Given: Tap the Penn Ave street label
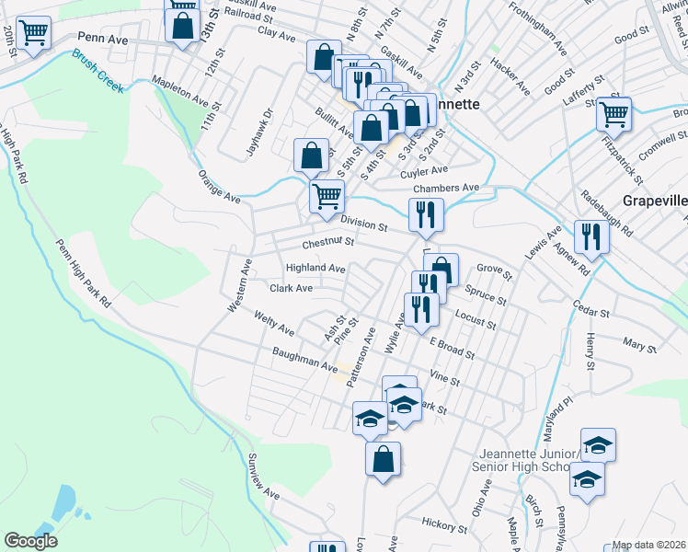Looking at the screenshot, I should click(100, 38).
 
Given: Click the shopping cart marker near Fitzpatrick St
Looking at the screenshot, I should click(613, 116).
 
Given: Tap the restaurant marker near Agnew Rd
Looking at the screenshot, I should click(591, 237).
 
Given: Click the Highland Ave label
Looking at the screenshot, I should click(315, 268).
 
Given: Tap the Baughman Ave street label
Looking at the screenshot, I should click(304, 359).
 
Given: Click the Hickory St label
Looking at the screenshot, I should click(445, 525).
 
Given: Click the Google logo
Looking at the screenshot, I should click(30, 541).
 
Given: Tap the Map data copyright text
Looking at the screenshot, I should click(649, 545).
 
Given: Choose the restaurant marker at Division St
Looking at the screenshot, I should click(426, 215).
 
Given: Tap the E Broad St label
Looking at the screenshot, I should click(452, 348).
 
